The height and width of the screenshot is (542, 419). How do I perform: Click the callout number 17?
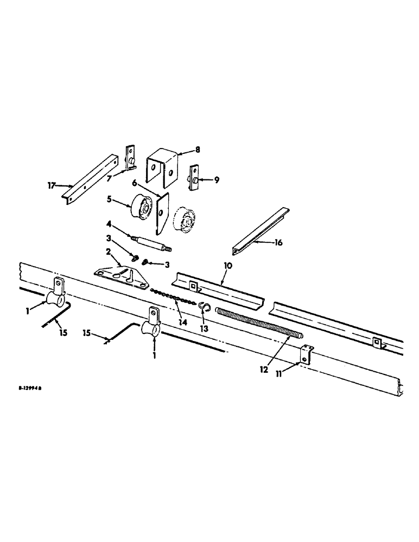(51, 186)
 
